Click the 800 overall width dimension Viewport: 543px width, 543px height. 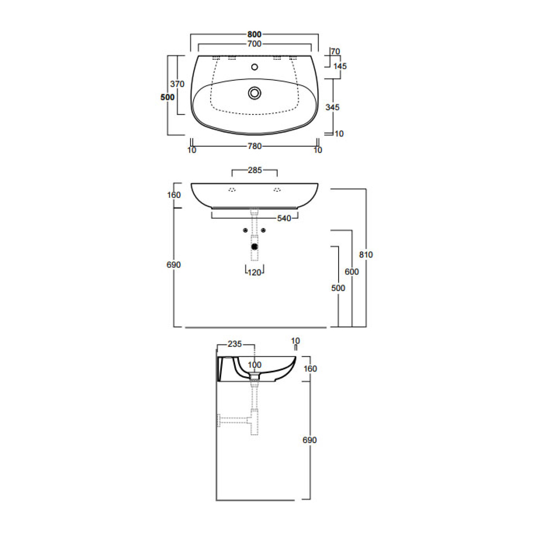[x=254, y=34]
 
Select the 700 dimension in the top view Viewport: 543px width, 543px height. [x=254, y=44]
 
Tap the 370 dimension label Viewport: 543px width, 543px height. [x=177, y=84]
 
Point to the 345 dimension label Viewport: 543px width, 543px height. [x=332, y=107]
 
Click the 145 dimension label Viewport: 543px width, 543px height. [x=340, y=66]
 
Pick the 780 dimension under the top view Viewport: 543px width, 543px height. [x=254, y=146]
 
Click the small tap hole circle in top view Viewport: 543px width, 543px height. [x=255, y=67]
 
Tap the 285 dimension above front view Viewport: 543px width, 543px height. [x=255, y=170]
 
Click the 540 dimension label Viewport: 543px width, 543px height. [x=284, y=218]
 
